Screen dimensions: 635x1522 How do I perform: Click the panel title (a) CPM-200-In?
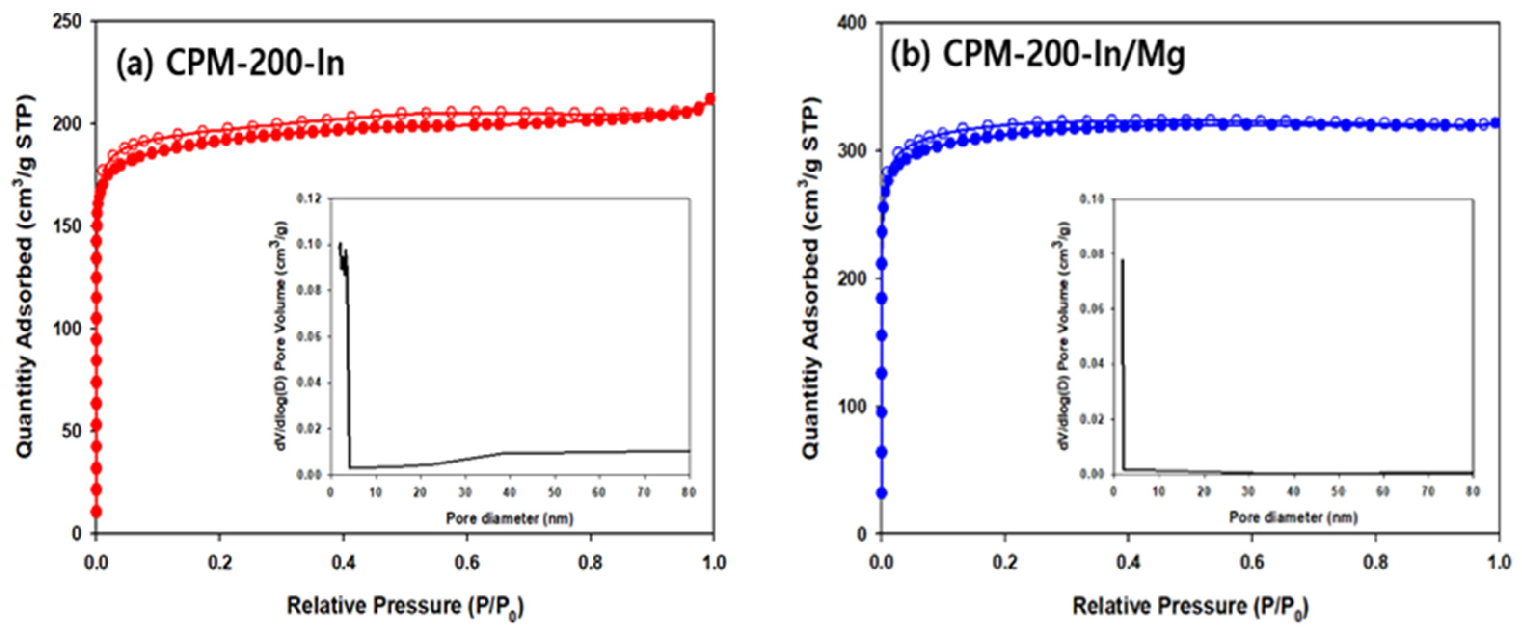(x=230, y=63)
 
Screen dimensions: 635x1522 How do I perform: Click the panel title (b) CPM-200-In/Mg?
(x=1037, y=55)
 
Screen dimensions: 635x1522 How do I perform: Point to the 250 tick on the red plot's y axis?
(x=70, y=22)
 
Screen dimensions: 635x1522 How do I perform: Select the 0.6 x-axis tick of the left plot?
(x=467, y=563)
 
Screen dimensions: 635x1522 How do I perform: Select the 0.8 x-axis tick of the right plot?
(x=1375, y=563)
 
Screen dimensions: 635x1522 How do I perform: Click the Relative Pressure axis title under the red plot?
(x=405, y=606)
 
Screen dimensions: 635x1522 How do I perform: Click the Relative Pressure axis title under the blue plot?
(x=1190, y=607)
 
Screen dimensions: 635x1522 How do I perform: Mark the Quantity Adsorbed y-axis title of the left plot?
(x=25, y=277)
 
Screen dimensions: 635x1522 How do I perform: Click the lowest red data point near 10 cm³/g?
(x=96, y=512)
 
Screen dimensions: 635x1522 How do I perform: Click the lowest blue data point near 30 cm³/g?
(x=882, y=493)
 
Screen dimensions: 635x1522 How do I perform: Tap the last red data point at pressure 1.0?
(x=710, y=99)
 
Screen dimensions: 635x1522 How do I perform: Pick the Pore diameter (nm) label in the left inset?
(x=509, y=518)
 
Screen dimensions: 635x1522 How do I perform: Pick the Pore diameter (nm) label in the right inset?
(x=1293, y=517)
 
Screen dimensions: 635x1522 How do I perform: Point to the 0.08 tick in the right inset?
(x=1092, y=254)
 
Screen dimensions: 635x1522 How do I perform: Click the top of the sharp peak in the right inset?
(x=1122, y=260)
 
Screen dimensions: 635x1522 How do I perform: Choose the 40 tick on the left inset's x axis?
(x=509, y=492)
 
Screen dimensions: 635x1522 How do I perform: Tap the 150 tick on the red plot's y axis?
(x=70, y=226)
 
